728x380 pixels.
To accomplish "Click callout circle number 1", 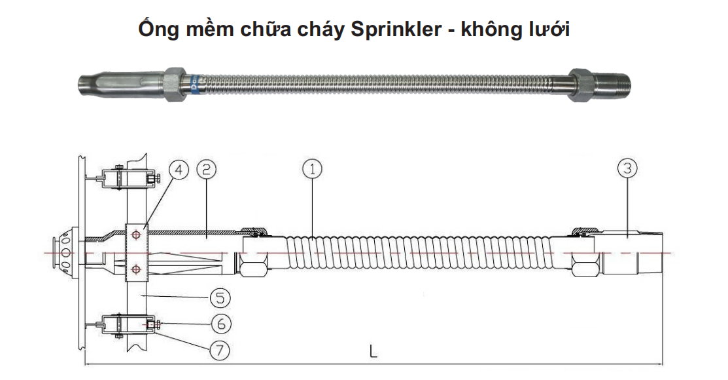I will [313, 169].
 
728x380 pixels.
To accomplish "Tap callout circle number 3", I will [627, 169].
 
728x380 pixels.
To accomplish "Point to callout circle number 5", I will [219, 298].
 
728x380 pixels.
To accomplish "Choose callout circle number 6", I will [219, 324].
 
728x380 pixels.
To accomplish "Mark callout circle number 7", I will [219, 350].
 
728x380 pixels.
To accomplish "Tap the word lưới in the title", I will [548, 30].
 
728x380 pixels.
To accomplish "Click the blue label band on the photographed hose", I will [194, 83].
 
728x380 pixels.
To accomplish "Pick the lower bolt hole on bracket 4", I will [135, 268].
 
